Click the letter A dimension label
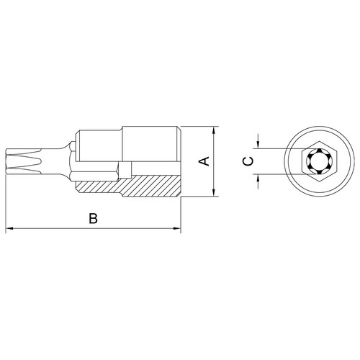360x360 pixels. point(204,161)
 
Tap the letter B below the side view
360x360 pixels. point(93,218)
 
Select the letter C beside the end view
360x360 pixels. point(248,161)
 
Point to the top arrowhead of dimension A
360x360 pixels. point(214,131)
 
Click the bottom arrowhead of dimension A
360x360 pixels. point(214,192)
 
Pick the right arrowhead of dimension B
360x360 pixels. point(176,228)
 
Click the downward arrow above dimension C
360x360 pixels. point(258,142)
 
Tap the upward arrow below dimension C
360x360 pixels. point(258,181)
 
